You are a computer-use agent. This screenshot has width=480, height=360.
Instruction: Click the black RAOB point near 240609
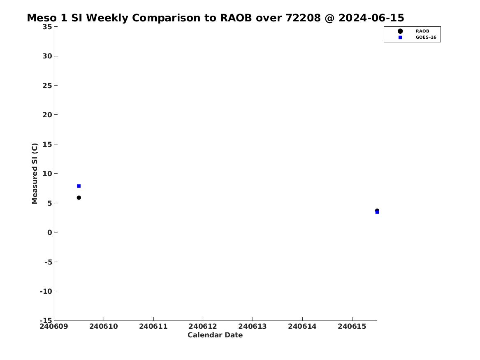click(x=79, y=198)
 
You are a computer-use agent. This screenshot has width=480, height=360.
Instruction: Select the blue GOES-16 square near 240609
click(x=79, y=186)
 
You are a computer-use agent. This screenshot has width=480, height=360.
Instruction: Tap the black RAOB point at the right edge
click(x=377, y=210)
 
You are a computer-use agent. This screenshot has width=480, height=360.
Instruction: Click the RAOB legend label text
click(x=422, y=31)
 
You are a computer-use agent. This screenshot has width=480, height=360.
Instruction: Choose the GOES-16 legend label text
click(x=426, y=37)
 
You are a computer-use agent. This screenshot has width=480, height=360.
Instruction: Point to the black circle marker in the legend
click(x=400, y=31)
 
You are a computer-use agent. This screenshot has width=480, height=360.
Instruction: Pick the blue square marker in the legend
click(x=400, y=37)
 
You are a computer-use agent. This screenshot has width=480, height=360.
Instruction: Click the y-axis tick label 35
click(x=47, y=27)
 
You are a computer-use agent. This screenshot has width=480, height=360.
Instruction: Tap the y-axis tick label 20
click(x=47, y=115)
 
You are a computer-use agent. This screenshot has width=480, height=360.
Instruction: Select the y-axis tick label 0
click(x=50, y=232)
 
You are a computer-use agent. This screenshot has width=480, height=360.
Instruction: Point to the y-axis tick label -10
click(x=46, y=291)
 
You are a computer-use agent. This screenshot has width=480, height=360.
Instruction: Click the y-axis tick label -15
click(x=46, y=320)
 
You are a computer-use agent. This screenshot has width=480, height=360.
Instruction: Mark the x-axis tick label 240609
click(x=54, y=327)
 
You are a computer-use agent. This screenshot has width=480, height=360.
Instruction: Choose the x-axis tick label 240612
click(x=203, y=327)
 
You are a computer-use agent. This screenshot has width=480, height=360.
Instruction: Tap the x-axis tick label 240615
click(x=352, y=327)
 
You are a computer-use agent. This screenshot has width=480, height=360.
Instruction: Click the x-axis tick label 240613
click(x=253, y=327)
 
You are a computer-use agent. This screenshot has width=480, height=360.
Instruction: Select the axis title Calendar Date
click(x=215, y=335)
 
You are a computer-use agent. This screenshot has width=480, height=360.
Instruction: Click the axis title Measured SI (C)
click(x=35, y=174)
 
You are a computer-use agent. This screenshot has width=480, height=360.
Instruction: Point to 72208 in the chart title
click(x=303, y=18)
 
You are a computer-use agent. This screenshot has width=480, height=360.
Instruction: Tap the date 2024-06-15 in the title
click(x=371, y=18)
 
